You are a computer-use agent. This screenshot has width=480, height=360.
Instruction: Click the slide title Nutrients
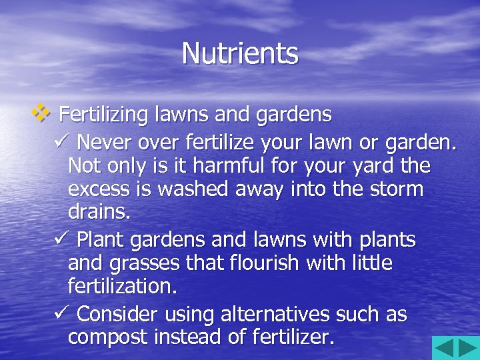pos(240,53)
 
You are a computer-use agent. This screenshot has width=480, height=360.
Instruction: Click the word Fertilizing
pos(103,115)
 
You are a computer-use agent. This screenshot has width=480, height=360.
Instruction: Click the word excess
pos(99,189)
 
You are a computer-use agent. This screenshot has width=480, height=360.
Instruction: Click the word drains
pos(99,213)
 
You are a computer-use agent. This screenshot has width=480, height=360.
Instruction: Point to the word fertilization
pos(123,287)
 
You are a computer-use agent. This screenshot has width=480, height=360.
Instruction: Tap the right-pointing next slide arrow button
pos(467,348)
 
